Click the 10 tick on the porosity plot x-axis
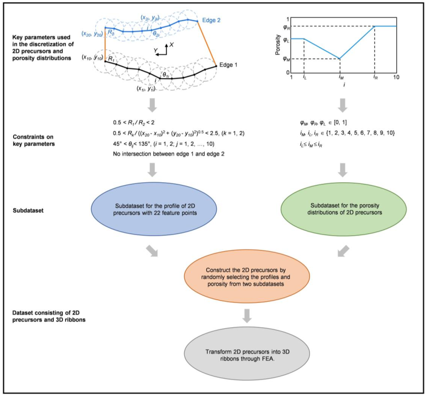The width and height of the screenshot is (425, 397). tap(396, 77)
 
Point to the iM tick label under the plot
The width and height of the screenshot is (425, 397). tap(340, 77)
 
